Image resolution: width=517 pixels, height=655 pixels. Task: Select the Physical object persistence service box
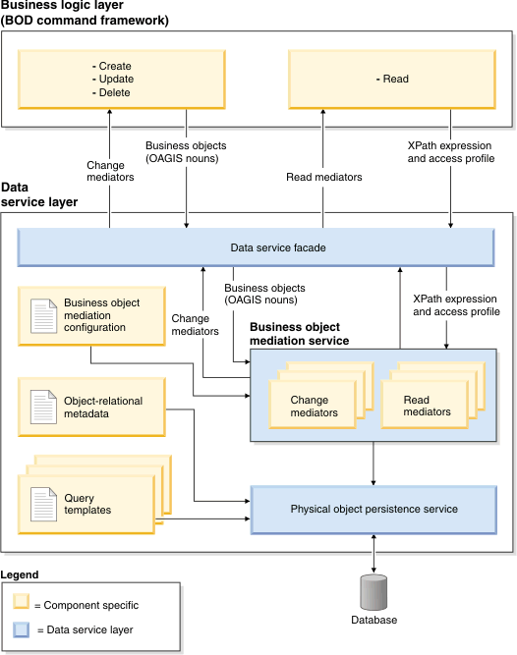(373, 509)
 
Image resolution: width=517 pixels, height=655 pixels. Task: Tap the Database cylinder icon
(374, 592)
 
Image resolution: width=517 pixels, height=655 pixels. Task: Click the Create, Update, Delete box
(116, 80)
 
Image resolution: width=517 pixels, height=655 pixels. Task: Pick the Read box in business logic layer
(391, 80)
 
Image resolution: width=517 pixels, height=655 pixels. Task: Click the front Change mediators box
(313, 407)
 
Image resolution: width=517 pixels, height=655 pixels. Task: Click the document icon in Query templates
(44, 504)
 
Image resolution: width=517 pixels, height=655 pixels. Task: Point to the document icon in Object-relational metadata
(44, 407)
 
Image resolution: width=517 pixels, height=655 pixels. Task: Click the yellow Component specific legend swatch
(22, 603)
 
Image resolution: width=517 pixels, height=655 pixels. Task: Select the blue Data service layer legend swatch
(22, 628)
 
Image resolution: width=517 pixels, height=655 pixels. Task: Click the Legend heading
(21, 573)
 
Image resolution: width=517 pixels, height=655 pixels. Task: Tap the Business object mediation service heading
(313, 334)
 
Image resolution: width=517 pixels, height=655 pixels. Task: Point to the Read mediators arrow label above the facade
(323, 178)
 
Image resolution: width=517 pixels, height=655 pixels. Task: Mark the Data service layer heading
(39, 193)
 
